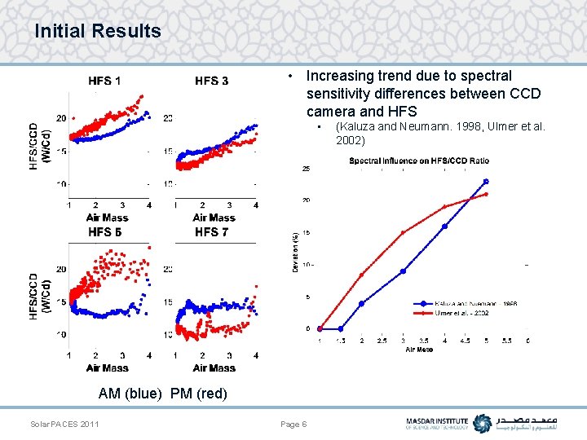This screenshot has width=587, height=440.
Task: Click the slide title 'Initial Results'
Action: click(x=98, y=32)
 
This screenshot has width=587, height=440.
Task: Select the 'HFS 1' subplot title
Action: click(x=105, y=81)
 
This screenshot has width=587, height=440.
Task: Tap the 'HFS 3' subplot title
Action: click(x=212, y=81)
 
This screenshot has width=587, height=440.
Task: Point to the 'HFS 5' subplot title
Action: click(x=105, y=232)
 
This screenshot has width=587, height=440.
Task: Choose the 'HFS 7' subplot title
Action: click(x=212, y=232)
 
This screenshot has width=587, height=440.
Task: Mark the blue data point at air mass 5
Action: click(x=486, y=181)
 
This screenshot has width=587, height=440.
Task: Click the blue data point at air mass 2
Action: click(x=361, y=303)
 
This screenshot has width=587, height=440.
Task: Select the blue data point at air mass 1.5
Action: click(x=341, y=328)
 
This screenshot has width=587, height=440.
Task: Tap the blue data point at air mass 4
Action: click(x=445, y=226)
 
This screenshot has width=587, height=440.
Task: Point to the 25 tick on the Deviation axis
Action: click(x=306, y=169)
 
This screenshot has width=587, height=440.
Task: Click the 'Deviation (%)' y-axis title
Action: click(x=295, y=250)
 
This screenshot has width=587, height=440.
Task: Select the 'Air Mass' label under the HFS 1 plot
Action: click(x=108, y=218)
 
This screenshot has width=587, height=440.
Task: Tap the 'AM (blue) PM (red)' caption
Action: click(x=162, y=394)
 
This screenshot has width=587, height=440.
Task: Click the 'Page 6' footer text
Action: click(x=293, y=425)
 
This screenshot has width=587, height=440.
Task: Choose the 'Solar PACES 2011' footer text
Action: click(x=64, y=425)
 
